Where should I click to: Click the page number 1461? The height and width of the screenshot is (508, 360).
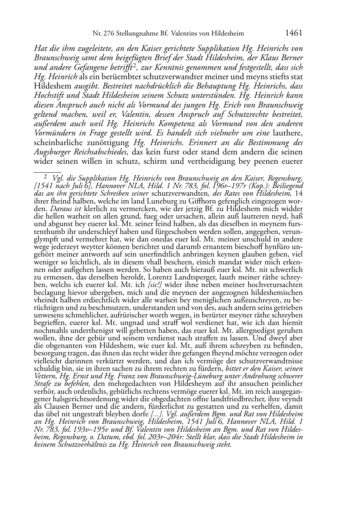[294, 33]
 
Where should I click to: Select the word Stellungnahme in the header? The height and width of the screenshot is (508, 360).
[136, 34]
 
